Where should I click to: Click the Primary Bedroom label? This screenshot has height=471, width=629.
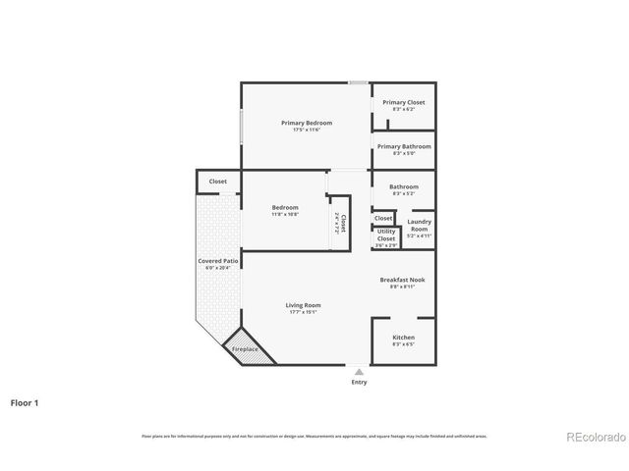pos(307,123)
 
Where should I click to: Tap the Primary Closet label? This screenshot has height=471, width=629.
pos(403,102)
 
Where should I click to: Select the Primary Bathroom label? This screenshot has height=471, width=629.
pos(403,146)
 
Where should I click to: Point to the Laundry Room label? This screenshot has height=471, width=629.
pos(419,225)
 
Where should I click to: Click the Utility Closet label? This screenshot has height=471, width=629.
pos(386,234)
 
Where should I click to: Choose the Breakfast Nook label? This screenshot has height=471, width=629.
pos(403,280)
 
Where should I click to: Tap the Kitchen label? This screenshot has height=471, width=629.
pos(403,337)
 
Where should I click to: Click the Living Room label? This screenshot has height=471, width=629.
pos(304,305)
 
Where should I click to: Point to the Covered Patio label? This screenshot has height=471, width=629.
pos(215,262)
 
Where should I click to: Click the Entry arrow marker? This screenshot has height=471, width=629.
pos(359,372)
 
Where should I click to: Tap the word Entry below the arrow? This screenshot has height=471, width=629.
pos(359,383)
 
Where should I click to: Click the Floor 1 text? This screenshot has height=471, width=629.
pos(26,402)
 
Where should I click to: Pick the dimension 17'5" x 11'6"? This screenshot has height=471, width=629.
pos(307,130)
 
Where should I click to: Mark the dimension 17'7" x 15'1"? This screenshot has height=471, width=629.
pos(304,313)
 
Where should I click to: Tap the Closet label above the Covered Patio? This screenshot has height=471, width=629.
pos(218,182)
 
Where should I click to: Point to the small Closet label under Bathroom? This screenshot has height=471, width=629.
pos(383,218)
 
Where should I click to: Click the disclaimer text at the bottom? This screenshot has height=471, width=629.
pos(314,436)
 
